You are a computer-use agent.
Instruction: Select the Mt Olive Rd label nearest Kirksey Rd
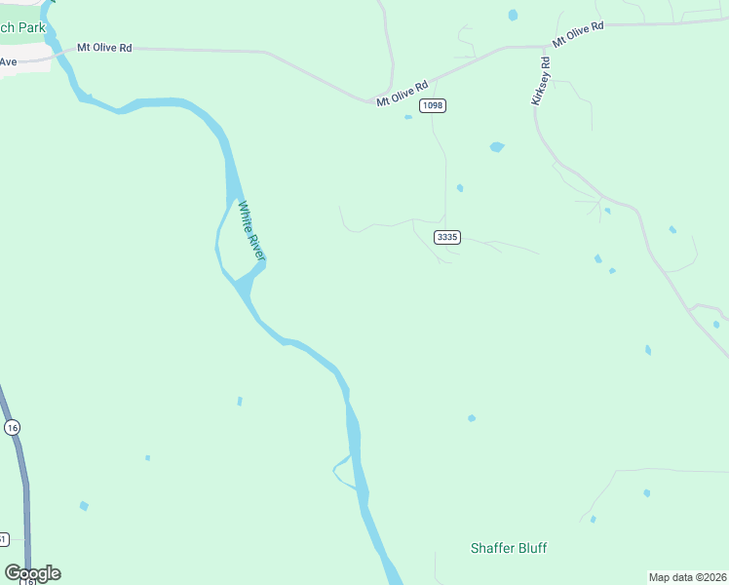[578, 34]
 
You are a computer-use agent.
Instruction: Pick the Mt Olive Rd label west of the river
[105, 47]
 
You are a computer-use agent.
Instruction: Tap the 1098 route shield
[434, 105]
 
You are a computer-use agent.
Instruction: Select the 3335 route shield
[447, 237]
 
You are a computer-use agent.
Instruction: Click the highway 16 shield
[12, 428]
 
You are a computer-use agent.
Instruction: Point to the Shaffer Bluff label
[510, 548]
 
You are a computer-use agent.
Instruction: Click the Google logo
[32, 573]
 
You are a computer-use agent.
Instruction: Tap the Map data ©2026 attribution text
[687, 577]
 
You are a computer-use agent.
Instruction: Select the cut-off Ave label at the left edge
[9, 61]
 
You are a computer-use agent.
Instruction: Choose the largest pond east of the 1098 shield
[497, 147]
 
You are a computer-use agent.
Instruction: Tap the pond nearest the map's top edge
[513, 15]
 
